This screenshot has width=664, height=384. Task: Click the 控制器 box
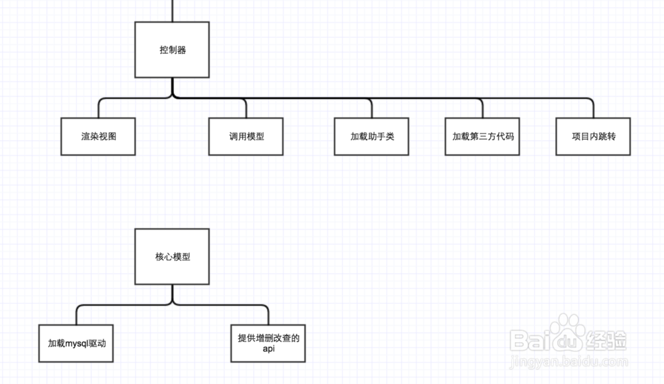point(172,50)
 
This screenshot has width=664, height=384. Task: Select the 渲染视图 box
point(98,136)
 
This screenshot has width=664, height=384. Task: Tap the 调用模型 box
point(246,136)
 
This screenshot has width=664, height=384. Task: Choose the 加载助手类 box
point(371,136)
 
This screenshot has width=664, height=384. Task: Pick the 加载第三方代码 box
point(483,136)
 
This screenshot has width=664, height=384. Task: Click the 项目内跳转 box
point(593,136)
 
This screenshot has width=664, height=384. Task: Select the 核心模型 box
point(172,256)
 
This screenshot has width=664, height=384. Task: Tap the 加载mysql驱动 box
point(77,343)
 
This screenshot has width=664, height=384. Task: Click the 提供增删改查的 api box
point(268,343)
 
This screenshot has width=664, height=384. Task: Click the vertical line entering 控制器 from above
point(172,10)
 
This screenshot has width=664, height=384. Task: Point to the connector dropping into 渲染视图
point(99,109)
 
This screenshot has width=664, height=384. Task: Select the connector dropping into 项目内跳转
point(593,109)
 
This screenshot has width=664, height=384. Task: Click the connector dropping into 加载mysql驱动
point(77,315)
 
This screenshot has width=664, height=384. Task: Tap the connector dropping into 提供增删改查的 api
point(268,315)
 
